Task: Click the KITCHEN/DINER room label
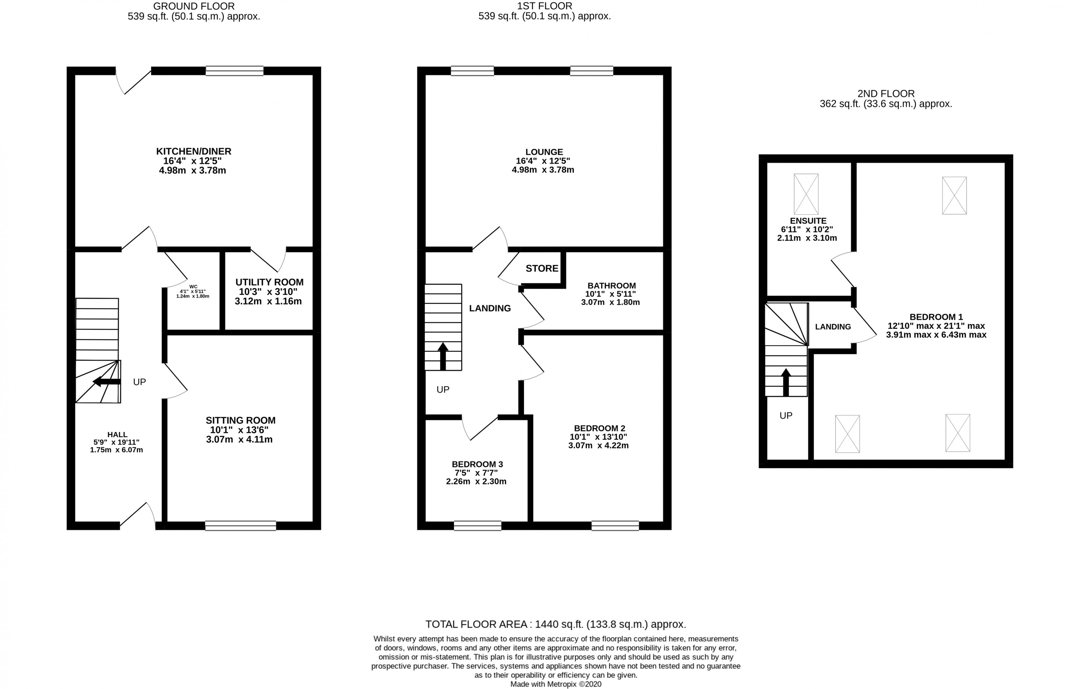click(x=193, y=151)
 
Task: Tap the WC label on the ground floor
click(x=193, y=286)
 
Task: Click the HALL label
click(x=117, y=434)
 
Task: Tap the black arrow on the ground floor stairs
click(x=106, y=382)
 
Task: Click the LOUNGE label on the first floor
click(x=544, y=152)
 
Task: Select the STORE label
click(x=542, y=268)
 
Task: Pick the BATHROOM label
click(x=611, y=285)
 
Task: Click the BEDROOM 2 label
click(x=599, y=428)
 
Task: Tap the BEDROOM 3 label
click(x=477, y=464)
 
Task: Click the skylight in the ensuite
click(x=806, y=194)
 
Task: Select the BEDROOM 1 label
click(x=936, y=317)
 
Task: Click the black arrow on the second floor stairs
click(x=786, y=382)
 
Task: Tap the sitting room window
click(x=241, y=525)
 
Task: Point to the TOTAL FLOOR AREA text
click(x=555, y=624)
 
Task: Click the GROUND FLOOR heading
click(x=194, y=6)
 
